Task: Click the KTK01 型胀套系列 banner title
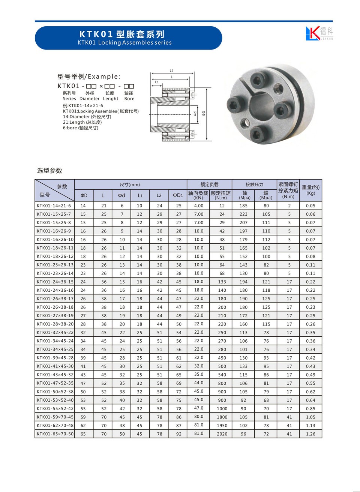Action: click(x=122, y=34)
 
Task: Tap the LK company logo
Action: click(x=319, y=33)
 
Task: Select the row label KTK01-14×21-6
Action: click(x=54, y=206)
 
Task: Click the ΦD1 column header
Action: click(x=178, y=195)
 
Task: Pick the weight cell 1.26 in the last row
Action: click(x=310, y=434)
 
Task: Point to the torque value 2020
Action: click(x=222, y=434)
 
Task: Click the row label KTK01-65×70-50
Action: click(x=55, y=434)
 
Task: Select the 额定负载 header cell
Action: click(x=209, y=184)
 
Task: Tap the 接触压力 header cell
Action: click(x=254, y=184)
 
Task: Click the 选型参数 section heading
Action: click(x=49, y=171)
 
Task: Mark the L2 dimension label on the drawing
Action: click(x=171, y=70)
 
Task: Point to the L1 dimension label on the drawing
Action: click(x=157, y=82)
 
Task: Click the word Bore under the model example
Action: click(x=129, y=99)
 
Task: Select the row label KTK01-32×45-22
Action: click(x=55, y=333)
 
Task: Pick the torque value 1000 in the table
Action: click(x=222, y=409)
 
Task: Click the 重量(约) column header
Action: click(x=310, y=190)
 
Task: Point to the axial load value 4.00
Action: click(x=199, y=206)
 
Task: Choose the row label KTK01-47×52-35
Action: click(x=55, y=383)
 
